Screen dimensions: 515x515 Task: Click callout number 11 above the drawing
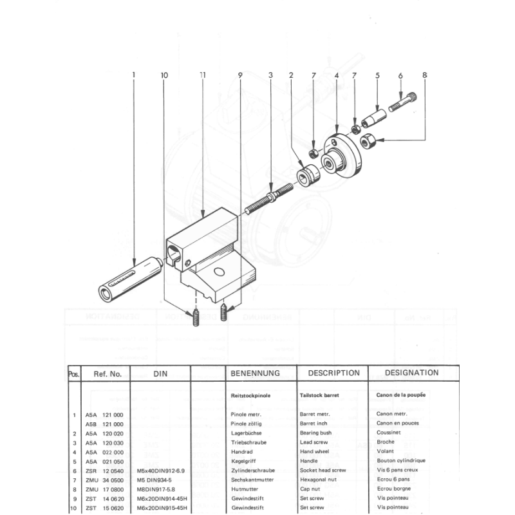click(203, 75)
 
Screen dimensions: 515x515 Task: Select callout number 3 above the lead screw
click(271, 75)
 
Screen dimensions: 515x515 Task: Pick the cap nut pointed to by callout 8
click(368, 140)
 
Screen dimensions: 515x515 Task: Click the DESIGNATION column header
click(411, 373)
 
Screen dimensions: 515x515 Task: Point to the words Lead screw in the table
click(314, 443)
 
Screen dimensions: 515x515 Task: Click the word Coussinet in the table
click(391, 434)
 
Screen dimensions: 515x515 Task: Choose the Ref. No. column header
click(108, 373)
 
